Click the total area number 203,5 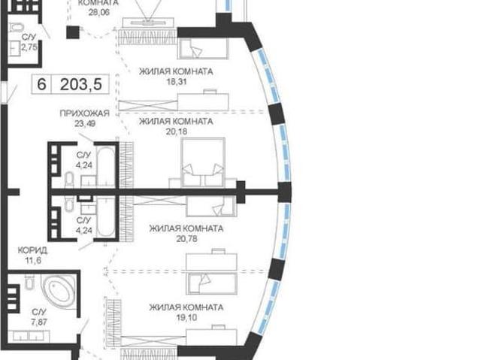point(81,84)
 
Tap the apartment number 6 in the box point(41,84)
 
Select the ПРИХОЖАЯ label point(85,113)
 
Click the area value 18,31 point(175,82)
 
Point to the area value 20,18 point(176,132)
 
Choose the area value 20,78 point(186,238)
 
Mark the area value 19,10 point(186,317)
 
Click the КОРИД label point(32,250)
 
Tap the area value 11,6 point(33,261)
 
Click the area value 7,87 point(39,322)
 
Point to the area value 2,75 point(29,47)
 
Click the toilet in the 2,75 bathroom point(16,27)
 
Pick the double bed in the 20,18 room point(203,162)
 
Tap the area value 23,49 point(85,123)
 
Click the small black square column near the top point(73,32)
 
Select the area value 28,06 point(98,12)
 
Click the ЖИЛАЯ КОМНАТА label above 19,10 point(186,307)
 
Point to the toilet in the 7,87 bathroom point(29,282)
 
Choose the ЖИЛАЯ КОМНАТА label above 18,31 point(176,71)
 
